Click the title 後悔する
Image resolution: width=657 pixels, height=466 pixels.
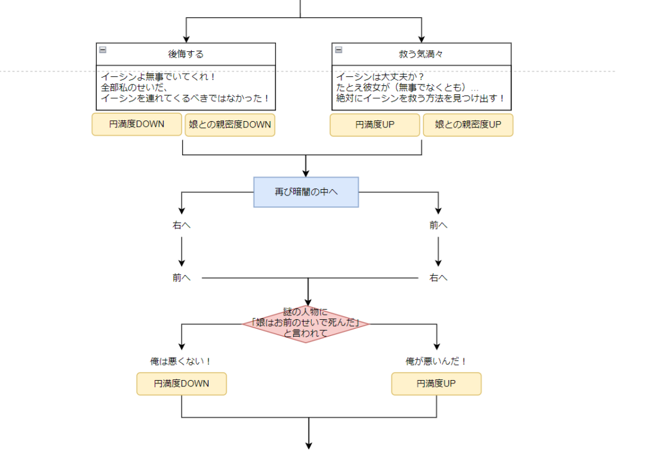pyautogui.click(x=185, y=54)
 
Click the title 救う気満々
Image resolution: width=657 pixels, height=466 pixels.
pyautogui.click(x=421, y=54)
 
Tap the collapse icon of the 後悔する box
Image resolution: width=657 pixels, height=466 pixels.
pyautogui.click(x=103, y=50)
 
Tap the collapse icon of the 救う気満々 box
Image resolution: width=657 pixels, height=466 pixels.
pyautogui.click(x=339, y=50)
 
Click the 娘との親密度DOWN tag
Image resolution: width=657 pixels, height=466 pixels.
pyautogui.click(x=230, y=125)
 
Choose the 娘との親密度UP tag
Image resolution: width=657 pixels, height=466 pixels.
pyautogui.click(x=468, y=125)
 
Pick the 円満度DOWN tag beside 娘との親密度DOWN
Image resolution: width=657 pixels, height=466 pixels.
pyautogui.click(x=137, y=124)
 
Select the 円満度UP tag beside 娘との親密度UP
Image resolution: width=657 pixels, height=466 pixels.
pyautogui.click(x=375, y=125)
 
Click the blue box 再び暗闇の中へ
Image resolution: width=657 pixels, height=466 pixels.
pyautogui.click(x=306, y=192)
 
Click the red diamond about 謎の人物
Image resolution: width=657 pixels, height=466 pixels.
pyautogui.click(x=306, y=324)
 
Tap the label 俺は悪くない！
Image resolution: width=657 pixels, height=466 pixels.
pyautogui.click(x=181, y=362)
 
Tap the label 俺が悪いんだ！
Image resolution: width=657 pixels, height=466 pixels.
pyautogui.click(x=436, y=362)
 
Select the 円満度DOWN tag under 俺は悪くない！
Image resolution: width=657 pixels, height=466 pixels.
pyautogui.click(x=182, y=384)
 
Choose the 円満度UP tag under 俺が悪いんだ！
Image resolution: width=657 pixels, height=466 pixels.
pyautogui.click(x=436, y=384)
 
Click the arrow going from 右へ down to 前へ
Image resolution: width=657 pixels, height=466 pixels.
pyautogui.click(x=182, y=251)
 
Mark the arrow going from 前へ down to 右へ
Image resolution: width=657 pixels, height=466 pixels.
pyautogui.click(x=438, y=251)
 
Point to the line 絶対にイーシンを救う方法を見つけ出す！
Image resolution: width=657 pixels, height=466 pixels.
pyautogui.click(x=421, y=99)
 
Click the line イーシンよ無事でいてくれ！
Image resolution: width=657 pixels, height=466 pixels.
pyautogui.click(x=158, y=76)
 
